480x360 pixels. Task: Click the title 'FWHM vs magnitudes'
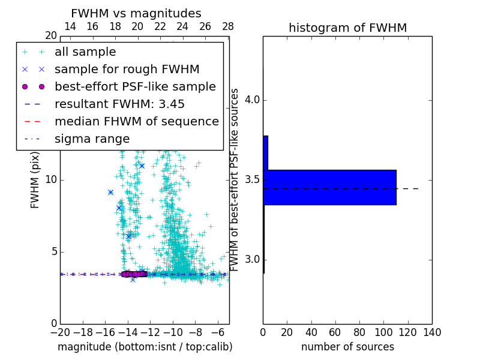point(136,14)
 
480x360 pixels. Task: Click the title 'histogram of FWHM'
point(347,28)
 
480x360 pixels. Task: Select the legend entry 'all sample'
point(85,52)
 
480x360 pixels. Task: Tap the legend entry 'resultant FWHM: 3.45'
point(119,104)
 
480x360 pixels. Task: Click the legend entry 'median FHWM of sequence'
point(136,122)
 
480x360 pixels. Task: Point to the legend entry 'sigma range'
point(92,139)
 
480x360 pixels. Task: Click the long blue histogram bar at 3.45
point(329,187)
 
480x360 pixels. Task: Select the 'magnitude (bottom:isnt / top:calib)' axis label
point(145,347)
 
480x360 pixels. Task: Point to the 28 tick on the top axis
point(228,26)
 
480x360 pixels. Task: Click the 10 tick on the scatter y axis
point(51,180)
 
